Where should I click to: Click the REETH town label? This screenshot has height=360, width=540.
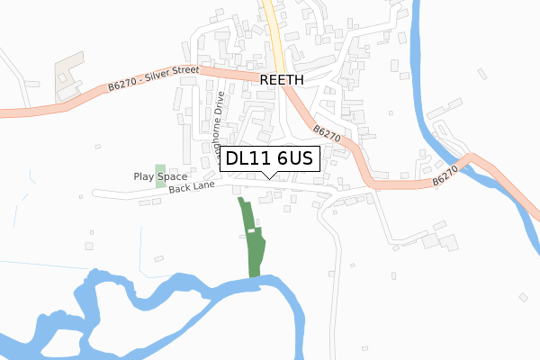pos(283,79)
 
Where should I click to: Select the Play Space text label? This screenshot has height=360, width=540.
pos(160,177)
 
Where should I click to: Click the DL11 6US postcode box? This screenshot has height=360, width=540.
pos(269,158)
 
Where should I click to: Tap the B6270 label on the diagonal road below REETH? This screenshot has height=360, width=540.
pos(328,136)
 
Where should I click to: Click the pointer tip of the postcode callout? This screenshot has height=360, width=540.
pos(269,177)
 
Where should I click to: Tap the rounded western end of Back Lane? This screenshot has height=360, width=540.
pos(95,193)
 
